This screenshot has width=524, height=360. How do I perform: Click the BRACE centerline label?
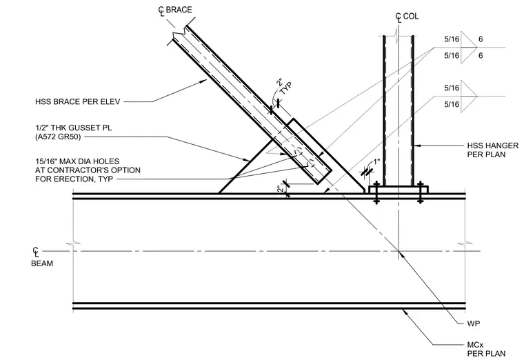(175, 10)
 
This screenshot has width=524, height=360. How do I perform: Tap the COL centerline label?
(407, 17)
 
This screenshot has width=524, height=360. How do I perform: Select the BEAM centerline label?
(42, 257)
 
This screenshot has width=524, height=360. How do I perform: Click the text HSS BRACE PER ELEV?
(77, 101)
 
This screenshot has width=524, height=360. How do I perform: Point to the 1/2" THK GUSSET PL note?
(74, 128)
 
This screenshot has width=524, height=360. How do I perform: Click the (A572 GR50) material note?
(58, 137)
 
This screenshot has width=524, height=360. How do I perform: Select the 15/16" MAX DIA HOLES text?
(77, 161)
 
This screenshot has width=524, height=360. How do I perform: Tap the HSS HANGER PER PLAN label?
(492, 150)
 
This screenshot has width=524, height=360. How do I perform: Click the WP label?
(474, 323)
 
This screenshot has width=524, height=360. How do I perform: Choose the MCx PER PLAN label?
(486, 349)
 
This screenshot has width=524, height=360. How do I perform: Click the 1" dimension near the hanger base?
(376, 162)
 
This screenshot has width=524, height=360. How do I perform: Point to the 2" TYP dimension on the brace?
(284, 86)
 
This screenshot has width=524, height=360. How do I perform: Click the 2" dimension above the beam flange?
(281, 190)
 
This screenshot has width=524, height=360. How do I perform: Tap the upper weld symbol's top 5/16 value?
(452, 39)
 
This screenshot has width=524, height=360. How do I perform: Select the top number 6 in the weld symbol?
(481, 39)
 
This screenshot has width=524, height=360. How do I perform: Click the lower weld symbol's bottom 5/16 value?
(452, 105)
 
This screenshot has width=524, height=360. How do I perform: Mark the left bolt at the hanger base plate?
(376, 193)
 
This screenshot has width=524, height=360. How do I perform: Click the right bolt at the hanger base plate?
(421, 193)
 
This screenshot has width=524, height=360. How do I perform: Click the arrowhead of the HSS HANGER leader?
(416, 146)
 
